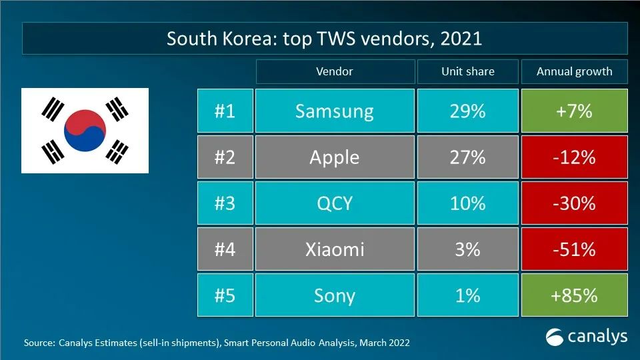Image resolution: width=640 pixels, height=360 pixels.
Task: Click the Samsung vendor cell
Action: tap(335, 111)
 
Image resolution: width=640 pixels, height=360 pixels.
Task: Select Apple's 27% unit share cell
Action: tap(467, 157)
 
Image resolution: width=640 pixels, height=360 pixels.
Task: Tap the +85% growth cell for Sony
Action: tap(575, 295)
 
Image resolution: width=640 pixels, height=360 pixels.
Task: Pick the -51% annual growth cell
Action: tap(575, 249)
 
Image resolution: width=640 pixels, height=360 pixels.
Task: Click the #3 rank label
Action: tap(225, 203)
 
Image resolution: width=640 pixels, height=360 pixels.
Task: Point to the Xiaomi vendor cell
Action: tap(335, 249)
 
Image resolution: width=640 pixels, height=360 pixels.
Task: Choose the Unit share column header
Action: tap(467, 71)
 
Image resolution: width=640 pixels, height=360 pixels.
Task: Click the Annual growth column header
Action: tap(575, 71)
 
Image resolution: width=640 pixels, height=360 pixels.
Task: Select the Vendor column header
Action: tap(335, 71)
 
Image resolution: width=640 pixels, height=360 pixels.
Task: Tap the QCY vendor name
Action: tap(335, 203)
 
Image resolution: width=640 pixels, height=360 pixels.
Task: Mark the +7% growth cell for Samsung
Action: tap(575, 111)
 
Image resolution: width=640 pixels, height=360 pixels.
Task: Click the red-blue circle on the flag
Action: tap(85, 129)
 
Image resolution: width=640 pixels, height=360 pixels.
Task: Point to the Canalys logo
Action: tap(587, 337)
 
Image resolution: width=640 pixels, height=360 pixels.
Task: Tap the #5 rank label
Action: tap(225, 295)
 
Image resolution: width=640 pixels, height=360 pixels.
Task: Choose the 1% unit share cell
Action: tap(467, 295)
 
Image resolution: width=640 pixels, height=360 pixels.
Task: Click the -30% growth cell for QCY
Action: tap(575, 203)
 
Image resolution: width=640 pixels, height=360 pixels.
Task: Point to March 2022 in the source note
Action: tap(385, 343)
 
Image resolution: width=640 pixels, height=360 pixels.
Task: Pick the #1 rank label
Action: tap(225, 111)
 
